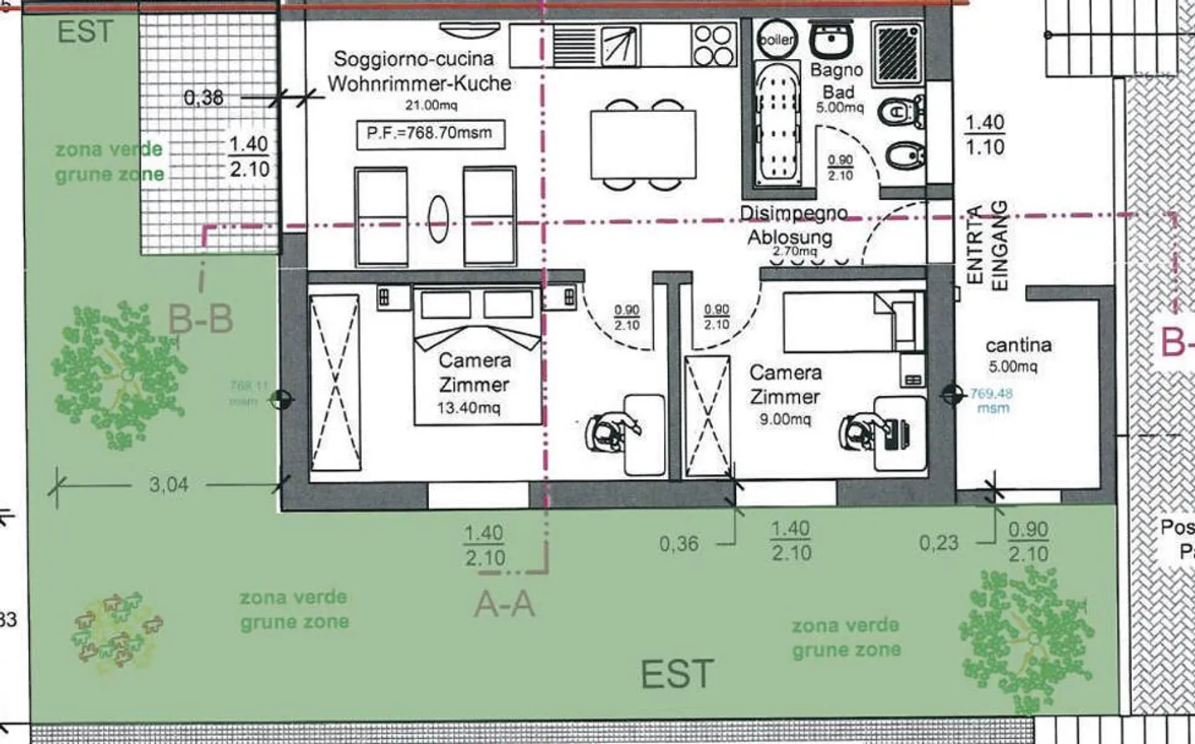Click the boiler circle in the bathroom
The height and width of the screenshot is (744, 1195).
coord(775,39)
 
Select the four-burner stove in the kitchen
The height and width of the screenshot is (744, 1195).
coord(713,45)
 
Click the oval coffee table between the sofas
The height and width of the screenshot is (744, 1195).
coord(438,218)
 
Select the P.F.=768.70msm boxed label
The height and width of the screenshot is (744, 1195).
coord(430,133)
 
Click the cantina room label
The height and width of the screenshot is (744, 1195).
coord(1018,345)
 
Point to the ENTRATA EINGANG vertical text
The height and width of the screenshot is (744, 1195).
coord(987,247)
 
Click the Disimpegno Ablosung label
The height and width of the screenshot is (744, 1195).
coord(793,226)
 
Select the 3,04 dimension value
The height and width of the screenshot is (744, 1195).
coord(168,484)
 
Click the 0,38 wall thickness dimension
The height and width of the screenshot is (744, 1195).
coord(203,98)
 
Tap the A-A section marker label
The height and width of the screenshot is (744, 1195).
coord(504,604)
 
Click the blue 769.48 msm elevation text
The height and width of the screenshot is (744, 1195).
coord(992,400)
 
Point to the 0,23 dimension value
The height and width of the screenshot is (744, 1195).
coord(938,543)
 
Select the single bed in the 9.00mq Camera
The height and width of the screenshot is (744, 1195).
coord(853,321)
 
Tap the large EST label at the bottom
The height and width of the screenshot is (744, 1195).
coord(676,674)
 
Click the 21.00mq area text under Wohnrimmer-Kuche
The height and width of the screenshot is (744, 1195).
coord(431,105)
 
